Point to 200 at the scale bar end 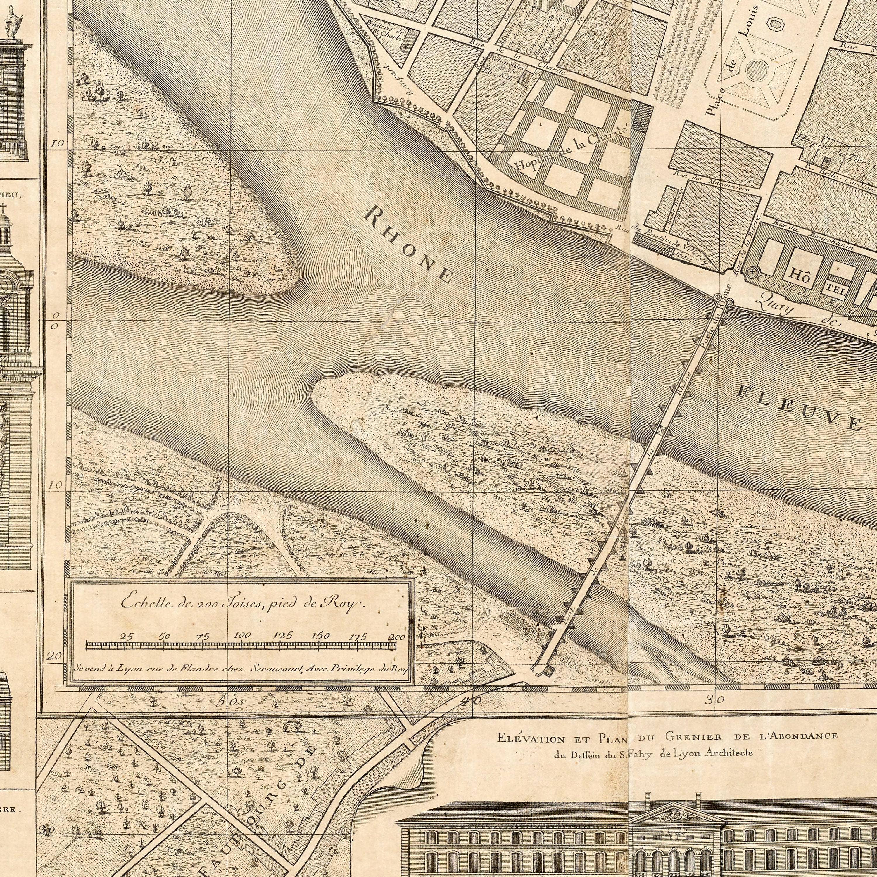click(x=396, y=637)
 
